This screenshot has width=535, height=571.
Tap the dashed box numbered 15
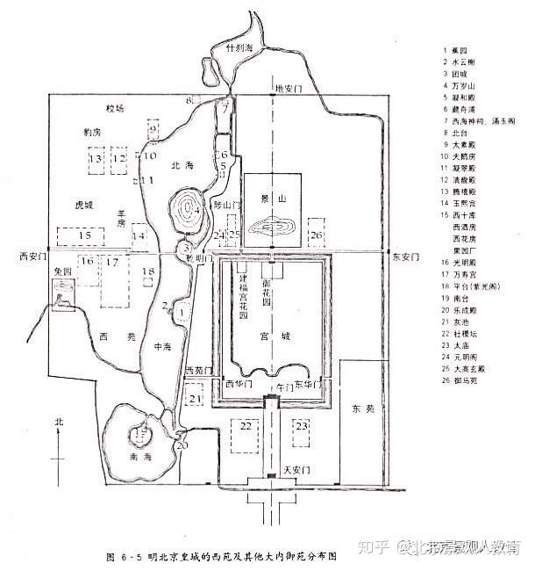pyautogui.click(x=84, y=236)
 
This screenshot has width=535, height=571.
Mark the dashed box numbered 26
pyautogui.click(x=316, y=235)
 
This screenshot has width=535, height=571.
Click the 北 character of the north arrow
pyautogui.click(x=59, y=422)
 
